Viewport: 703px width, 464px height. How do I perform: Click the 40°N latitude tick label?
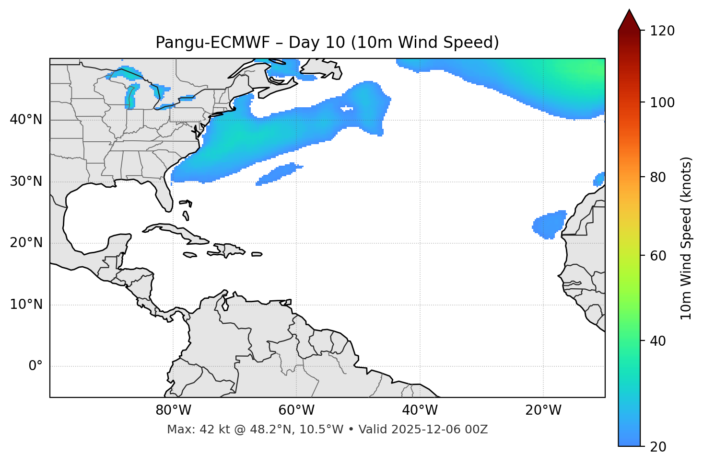[x=26, y=120]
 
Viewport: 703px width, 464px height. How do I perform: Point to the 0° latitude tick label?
[x=35, y=366]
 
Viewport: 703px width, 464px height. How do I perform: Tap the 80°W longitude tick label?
[x=173, y=410]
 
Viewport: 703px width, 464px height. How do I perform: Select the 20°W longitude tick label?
[x=543, y=410]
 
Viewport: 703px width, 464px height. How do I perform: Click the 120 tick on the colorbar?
[x=663, y=31]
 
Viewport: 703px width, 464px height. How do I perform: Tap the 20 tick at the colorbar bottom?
[x=658, y=447]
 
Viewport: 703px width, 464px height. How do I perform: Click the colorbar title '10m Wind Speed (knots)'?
[x=686, y=238]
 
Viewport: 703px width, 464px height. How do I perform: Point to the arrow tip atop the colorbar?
[x=629, y=11]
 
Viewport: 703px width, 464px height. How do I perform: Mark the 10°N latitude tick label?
[x=26, y=305]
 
